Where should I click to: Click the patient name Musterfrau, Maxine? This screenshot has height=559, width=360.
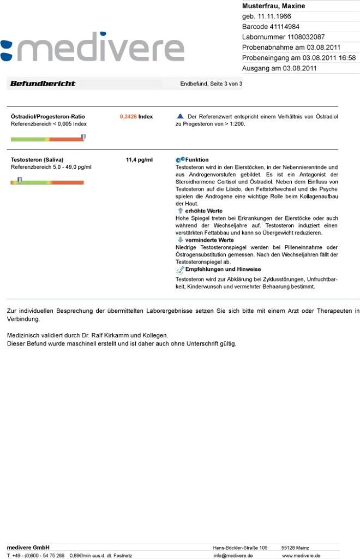pyautogui.click(x=273, y=6)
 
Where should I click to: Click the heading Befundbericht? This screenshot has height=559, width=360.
pyautogui.click(x=43, y=84)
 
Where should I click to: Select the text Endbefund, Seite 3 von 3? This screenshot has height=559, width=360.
pyautogui.click(x=211, y=84)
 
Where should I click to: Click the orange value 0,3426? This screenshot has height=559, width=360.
pyautogui.click(x=128, y=117)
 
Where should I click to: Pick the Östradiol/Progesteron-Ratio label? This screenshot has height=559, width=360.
pyautogui.click(x=48, y=117)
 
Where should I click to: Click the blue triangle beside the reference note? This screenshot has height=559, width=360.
pyautogui.click(x=181, y=116)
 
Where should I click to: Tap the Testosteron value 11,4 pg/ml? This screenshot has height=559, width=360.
pyautogui.click(x=139, y=160)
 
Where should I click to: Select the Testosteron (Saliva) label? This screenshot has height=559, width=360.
pyautogui.click(x=37, y=160)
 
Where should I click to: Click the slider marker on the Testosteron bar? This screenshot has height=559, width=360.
pyautogui.click(x=20, y=181)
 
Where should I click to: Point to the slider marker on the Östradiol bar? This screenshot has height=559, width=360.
pyautogui.click(x=83, y=138)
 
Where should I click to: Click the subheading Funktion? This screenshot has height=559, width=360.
pyautogui.click(x=197, y=160)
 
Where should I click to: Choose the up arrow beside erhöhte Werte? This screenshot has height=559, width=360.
pyautogui.click(x=180, y=211)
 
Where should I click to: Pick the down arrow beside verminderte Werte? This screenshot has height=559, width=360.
pyautogui.click(x=180, y=240)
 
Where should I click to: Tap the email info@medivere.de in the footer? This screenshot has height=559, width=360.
pyautogui.click(x=233, y=556)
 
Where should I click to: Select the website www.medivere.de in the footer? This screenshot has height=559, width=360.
pyautogui.click(x=301, y=556)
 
